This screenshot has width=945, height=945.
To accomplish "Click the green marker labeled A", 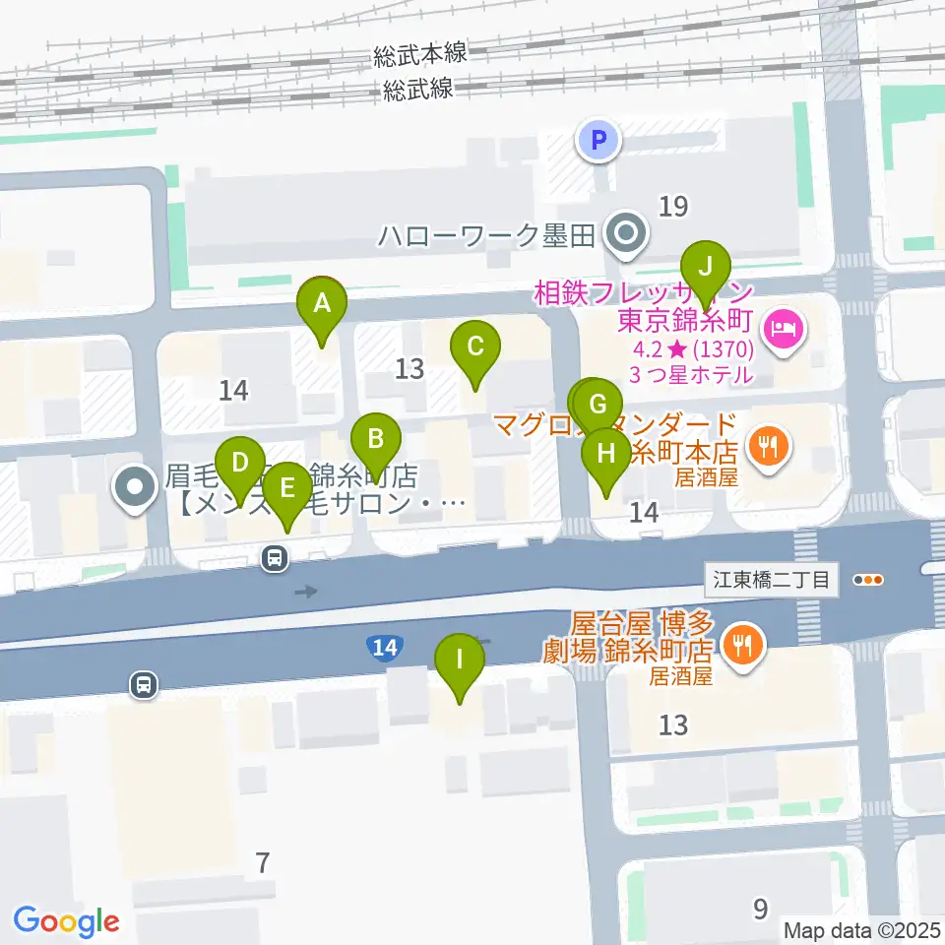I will pos(322,304).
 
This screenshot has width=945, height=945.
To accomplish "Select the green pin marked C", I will pos(475,346).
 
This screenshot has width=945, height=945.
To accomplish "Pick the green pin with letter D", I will pos(238,462).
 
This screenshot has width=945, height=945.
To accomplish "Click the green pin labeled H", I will pos(606,454).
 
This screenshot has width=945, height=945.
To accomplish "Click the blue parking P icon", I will pos(598,140).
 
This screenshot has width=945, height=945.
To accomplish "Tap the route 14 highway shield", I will pos(384,647).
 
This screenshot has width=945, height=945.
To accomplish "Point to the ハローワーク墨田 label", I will pos(488,235).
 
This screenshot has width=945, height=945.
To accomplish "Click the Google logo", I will pos(66,920).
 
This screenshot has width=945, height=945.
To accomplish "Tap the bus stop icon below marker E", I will pos(275,558).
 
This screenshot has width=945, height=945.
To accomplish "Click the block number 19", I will pos(673,206).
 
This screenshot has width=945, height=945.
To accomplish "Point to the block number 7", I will pos(261,863).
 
